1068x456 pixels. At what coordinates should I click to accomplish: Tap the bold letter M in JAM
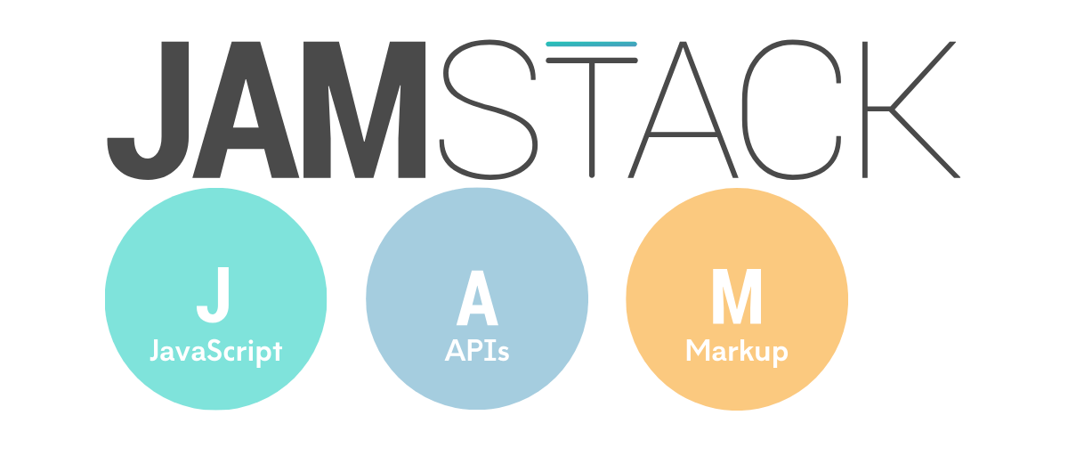[364, 110]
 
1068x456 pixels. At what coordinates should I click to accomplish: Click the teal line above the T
[591, 44]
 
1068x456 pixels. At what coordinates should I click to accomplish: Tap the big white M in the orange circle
[737, 296]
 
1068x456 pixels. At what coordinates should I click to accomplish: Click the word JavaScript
[216, 352]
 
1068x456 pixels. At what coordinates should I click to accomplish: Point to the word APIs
[477, 351]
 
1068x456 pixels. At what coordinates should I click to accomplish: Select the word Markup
[737, 352]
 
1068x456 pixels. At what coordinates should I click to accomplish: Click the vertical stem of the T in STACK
[592, 119]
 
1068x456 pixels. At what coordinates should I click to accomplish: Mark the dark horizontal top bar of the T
[592, 60]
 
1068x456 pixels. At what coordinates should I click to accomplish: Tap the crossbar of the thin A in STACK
[683, 134]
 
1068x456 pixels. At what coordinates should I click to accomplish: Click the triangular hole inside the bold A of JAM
[246, 108]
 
